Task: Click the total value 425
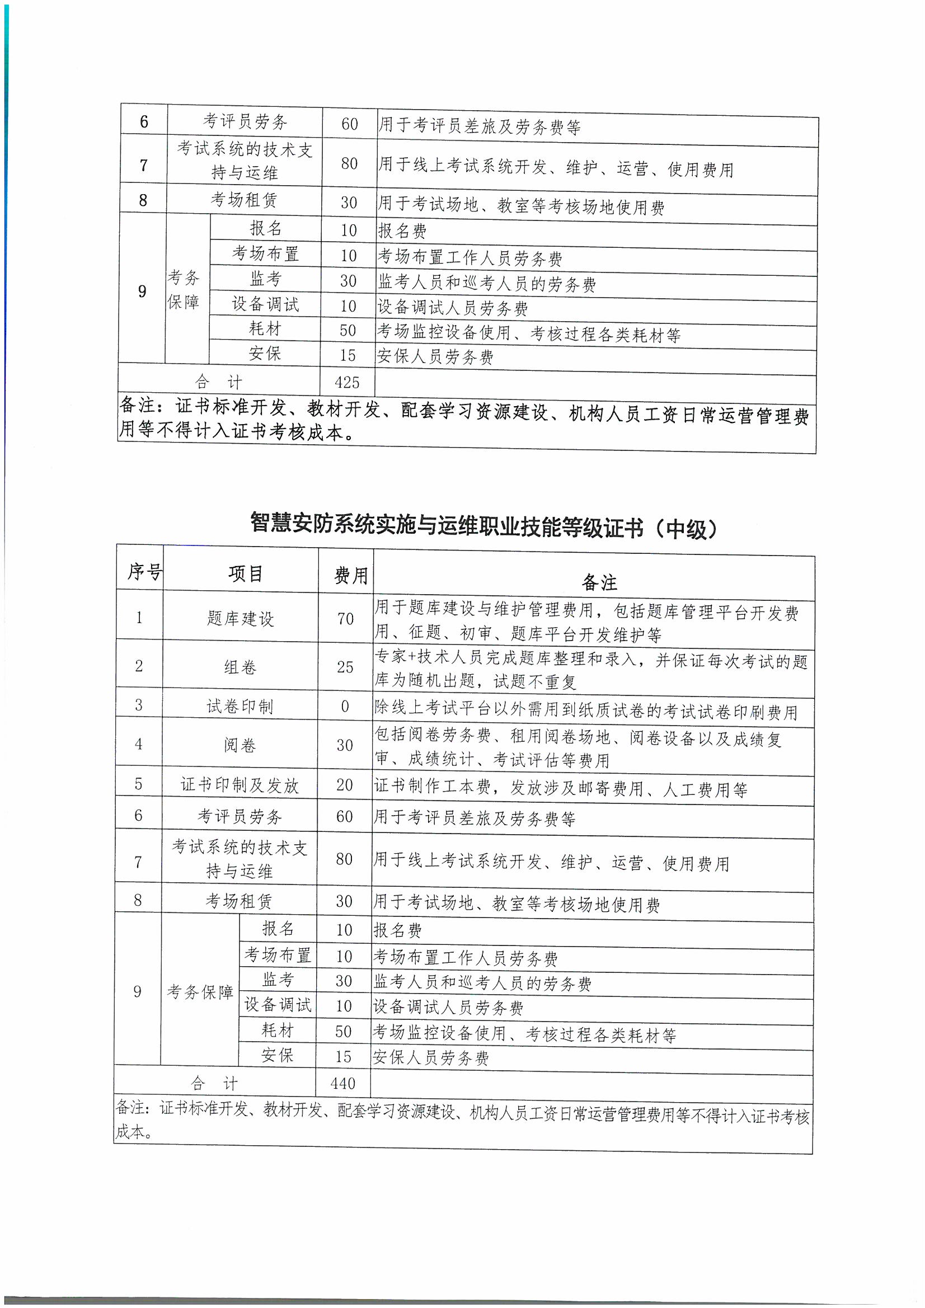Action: point(347,382)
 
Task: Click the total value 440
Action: point(342,1083)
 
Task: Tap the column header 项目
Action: point(245,573)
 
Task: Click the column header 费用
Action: point(350,575)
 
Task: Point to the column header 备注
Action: point(599,582)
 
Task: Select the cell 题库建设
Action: point(240,619)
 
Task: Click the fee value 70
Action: point(345,619)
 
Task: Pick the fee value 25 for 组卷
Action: point(345,666)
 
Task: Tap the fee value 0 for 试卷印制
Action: point(345,707)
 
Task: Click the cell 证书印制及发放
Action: point(240,785)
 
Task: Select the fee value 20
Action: point(344,785)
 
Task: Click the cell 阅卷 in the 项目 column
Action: point(240,745)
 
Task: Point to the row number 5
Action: point(138,784)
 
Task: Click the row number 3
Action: point(138,705)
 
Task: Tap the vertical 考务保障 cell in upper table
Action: point(183,290)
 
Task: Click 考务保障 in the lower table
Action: point(200,992)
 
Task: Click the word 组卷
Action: point(240,666)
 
